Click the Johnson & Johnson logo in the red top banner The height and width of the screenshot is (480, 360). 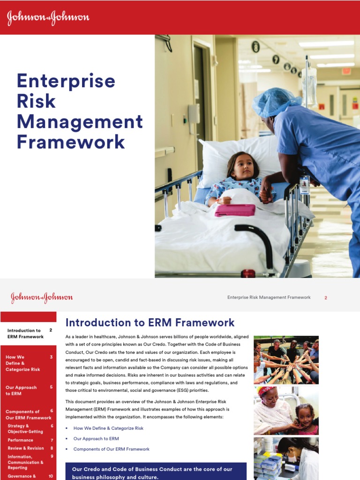click(48, 18)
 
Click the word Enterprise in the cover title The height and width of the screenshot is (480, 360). click(66, 81)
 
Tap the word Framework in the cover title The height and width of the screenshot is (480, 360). click(71, 142)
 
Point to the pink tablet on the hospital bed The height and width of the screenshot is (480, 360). click(235, 210)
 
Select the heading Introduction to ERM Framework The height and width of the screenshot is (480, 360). click(150, 322)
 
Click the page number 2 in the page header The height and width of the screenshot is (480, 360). click(326, 298)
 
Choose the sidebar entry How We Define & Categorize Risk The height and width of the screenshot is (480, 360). click(23, 363)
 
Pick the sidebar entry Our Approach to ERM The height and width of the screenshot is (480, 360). click(21, 390)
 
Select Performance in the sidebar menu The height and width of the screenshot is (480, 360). click(21, 440)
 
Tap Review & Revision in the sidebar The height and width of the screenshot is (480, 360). click(26, 448)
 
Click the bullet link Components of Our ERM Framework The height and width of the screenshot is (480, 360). click(111, 449)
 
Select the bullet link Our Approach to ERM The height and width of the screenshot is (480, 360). click(96, 439)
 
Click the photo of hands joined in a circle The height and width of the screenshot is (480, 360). click(286, 360)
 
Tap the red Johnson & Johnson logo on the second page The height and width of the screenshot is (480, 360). click(42, 298)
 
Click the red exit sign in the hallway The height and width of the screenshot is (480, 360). click(346, 71)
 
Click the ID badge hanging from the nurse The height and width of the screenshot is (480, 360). click(305, 184)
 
